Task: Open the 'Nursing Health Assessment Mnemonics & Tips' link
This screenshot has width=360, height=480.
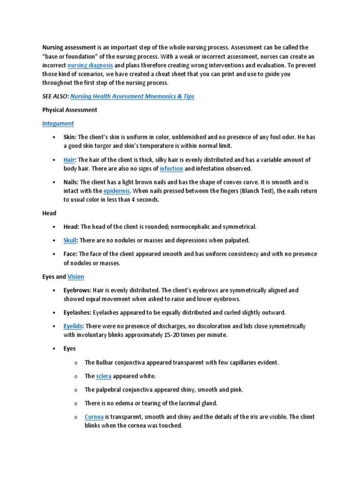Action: (x=132, y=96)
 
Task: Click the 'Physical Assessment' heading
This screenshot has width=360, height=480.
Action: (x=70, y=110)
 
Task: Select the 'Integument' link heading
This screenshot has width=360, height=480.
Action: (x=58, y=123)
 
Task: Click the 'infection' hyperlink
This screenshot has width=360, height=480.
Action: (x=171, y=168)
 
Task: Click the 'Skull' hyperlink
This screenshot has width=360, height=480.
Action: (x=70, y=240)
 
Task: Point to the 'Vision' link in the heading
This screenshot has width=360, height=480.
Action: (x=76, y=277)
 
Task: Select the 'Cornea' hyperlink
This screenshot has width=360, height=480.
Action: (x=94, y=417)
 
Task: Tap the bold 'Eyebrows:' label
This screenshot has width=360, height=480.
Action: (x=77, y=290)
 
